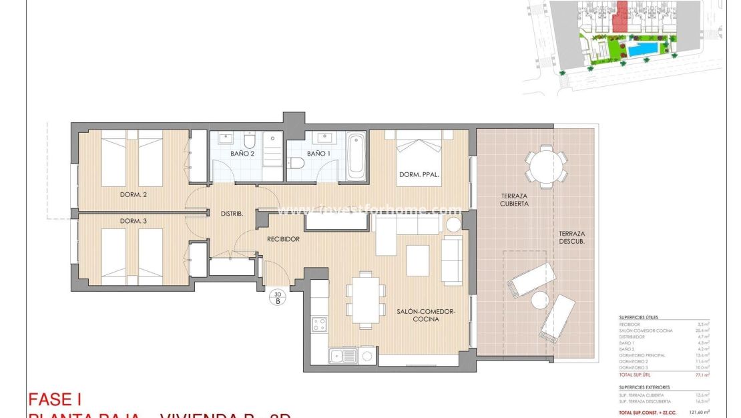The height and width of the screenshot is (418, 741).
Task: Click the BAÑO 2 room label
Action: [243, 154]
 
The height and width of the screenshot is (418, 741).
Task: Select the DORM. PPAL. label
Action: [419, 176]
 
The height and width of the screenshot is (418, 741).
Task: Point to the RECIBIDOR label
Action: [283, 238]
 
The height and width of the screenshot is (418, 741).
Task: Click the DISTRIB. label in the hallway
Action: [232, 214]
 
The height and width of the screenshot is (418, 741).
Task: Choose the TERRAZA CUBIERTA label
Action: [515, 200]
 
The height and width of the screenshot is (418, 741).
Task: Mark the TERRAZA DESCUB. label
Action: [571, 238]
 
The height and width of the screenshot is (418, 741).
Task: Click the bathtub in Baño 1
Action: [356, 156]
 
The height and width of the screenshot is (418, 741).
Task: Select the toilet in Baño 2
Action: [249, 141]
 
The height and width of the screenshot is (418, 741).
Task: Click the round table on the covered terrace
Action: [545, 166]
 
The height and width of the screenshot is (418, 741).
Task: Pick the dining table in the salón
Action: [365, 300]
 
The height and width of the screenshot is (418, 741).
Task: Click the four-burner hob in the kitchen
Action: [320, 325]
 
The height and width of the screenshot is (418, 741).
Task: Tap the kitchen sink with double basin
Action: [343, 356]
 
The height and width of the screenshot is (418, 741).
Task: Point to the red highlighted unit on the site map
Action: [622, 16]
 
